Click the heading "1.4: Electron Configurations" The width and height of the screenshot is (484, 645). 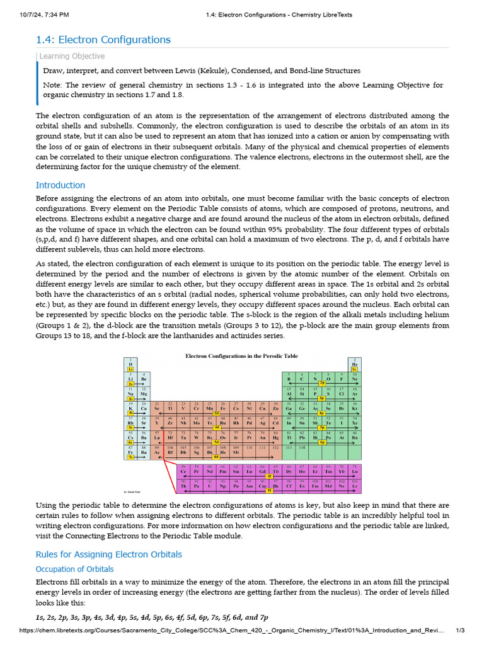point(103,40)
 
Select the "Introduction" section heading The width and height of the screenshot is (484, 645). point(60,185)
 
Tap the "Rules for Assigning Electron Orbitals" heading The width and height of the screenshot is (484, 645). point(109,554)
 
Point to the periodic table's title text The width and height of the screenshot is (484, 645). point(241,356)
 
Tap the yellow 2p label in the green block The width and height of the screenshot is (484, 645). point(322,382)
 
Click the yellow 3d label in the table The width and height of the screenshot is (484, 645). point(217,413)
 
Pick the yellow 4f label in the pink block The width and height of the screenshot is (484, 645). point(270,477)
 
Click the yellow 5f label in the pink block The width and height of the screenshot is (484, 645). point(270,490)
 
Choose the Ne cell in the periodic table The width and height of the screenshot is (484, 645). point(355,378)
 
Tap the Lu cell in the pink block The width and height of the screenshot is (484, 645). point(355,471)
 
